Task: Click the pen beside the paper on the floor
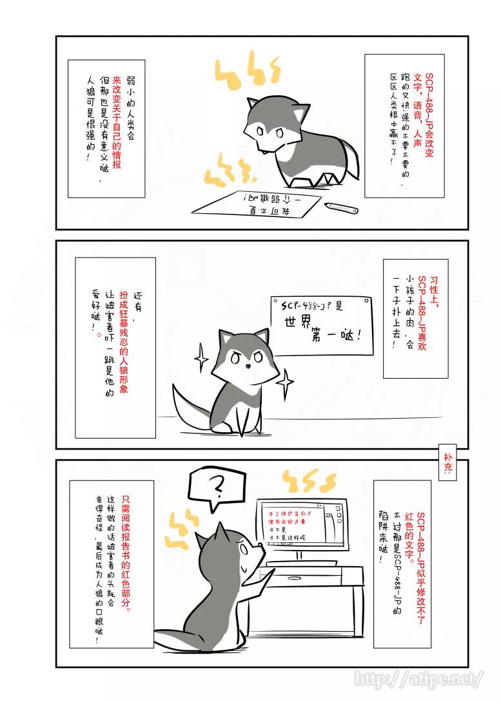[x=341, y=208]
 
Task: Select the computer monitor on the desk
[x=302, y=524]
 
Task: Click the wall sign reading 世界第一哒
[x=322, y=325]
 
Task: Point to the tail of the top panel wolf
[x=351, y=160]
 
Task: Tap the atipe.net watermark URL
[x=418, y=678]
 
